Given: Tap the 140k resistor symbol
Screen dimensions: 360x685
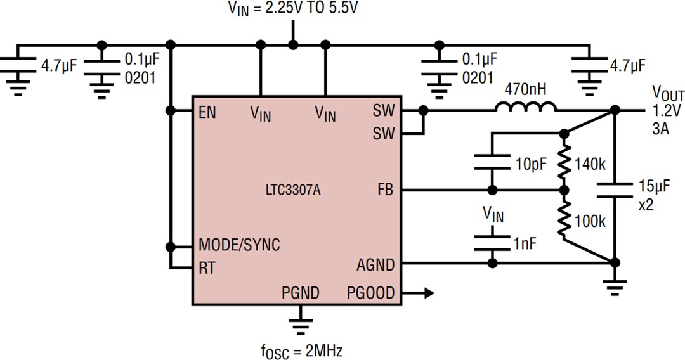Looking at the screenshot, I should tap(563, 162).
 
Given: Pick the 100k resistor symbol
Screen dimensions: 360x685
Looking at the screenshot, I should tap(563, 219).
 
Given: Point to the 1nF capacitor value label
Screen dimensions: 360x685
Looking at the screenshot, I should tap(523, 242).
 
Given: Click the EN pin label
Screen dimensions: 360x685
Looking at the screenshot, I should tap(207, 113).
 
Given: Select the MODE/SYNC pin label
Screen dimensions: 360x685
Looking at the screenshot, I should tap(239, 245).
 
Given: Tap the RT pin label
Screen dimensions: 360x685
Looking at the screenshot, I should tap(207, 267).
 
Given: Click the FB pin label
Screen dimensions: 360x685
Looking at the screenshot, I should tap(385, 190).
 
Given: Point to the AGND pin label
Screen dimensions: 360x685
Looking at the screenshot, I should tap(375, 264).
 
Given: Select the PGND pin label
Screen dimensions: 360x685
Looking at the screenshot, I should tap(300, 293).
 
